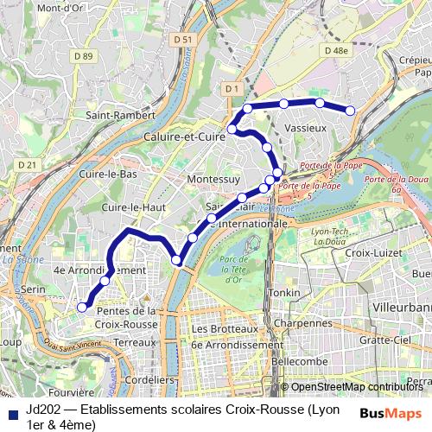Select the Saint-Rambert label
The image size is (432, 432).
[120, 114]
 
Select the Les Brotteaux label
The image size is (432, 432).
[225, 329]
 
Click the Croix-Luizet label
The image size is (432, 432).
[370, 254]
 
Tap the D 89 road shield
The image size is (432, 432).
[83, 56]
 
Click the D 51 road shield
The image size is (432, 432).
[182, 40]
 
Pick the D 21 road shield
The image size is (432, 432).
[28, 165]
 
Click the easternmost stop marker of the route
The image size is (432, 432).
[351, 110]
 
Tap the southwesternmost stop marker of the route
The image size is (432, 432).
[82, 307]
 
